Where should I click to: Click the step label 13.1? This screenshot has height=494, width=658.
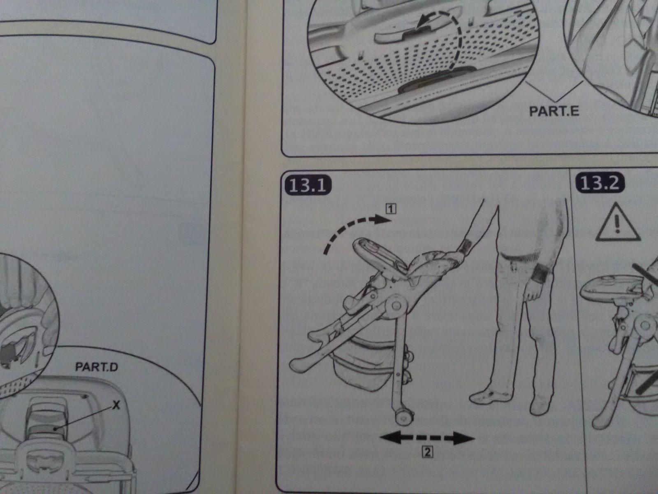(307, 185)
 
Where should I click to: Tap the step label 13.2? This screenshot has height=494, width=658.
(600, 183)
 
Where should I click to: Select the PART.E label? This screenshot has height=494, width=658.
(554, 111)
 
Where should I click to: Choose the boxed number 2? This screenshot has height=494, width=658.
(427, 452)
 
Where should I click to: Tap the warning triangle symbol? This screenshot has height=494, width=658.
(618, 223)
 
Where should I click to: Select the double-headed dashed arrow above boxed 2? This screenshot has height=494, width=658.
(427, 438)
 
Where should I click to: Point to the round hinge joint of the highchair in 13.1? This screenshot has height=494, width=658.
(396, 305)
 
